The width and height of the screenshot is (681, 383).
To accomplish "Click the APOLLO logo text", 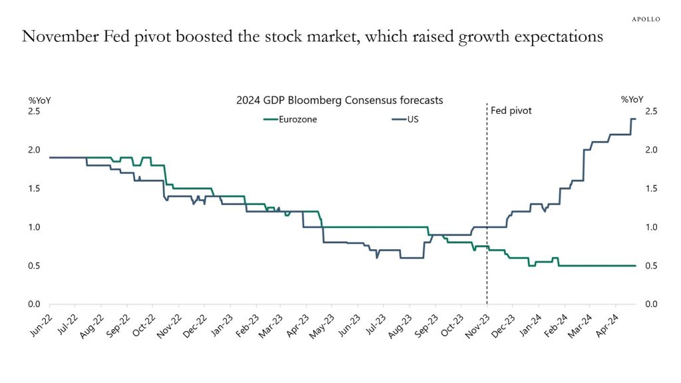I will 645,19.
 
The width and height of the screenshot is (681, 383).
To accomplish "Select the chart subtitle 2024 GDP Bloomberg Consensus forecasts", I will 340,100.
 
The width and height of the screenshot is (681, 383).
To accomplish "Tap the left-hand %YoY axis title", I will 39,100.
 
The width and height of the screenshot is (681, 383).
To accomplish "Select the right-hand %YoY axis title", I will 633,100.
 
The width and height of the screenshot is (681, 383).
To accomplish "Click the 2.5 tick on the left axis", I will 34,111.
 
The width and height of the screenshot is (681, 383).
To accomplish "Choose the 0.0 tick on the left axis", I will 34,305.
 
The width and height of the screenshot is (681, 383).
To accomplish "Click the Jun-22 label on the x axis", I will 41,324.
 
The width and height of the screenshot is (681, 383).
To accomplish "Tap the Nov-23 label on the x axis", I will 477,324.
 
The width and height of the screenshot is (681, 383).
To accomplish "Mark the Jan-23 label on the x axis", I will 220,324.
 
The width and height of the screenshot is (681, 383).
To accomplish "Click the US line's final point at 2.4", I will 635,119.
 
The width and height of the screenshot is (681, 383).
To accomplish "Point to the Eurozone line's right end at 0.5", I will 635,266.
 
